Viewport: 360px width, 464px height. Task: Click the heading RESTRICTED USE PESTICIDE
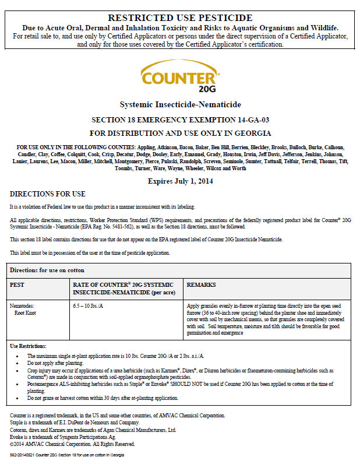coord(180,18)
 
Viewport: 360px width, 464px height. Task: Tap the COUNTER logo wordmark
coord(178,78)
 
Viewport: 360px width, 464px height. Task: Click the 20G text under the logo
coord(207,89)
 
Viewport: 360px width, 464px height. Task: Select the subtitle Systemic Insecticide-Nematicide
coord(179,104)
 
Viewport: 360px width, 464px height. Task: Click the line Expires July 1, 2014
coord(180,181)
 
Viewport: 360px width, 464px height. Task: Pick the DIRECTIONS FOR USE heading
coord(48,194)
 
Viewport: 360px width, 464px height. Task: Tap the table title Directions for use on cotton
coord(47,270)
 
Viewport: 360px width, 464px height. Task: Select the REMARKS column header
coord(201,285)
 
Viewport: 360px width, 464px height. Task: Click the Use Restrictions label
coord(29,346)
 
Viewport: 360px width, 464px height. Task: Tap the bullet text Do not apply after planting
coord(59,363)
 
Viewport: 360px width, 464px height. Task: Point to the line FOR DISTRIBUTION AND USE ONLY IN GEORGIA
coord(180,133)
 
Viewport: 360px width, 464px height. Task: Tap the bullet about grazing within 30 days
coord(103,398)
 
